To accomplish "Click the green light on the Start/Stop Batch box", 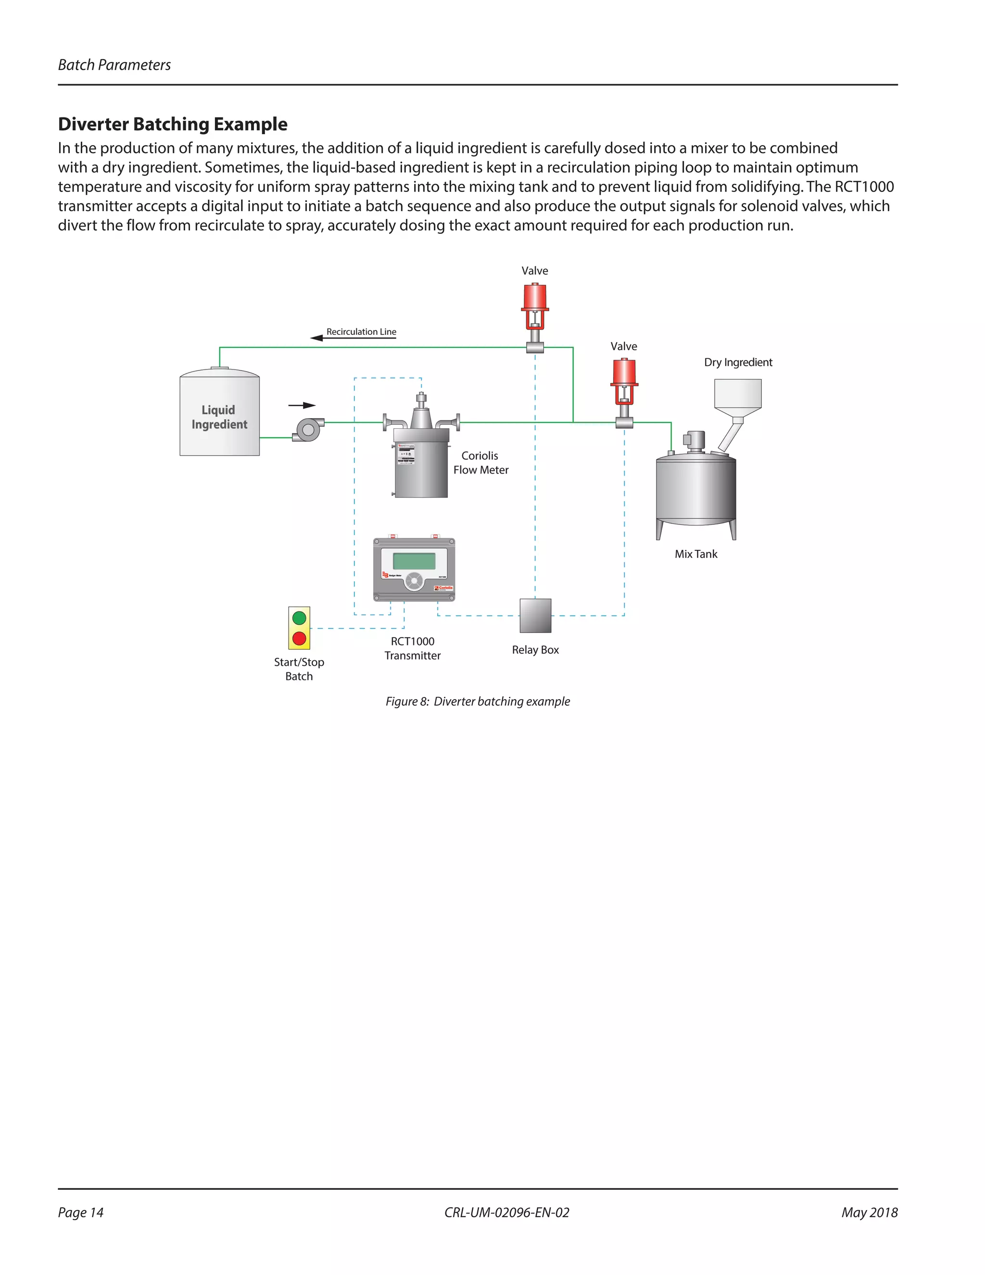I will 299,618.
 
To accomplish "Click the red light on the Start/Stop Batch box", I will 299,638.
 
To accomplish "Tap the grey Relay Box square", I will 535,615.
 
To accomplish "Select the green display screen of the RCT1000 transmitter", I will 414,561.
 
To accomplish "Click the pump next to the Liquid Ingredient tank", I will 308,430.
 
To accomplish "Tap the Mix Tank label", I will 695,554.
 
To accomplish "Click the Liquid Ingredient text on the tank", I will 219,417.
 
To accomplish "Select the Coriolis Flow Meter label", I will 480,462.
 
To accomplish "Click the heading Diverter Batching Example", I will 173,124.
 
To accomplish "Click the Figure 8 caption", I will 477,701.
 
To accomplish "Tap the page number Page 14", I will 80,1212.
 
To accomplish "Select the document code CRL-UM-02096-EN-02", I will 506,1212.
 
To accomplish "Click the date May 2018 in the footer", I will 869,1212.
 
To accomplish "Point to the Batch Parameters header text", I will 114,65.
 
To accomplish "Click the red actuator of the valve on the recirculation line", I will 534,297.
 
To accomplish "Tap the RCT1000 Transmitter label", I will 413,648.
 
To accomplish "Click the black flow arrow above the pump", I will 302,405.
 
